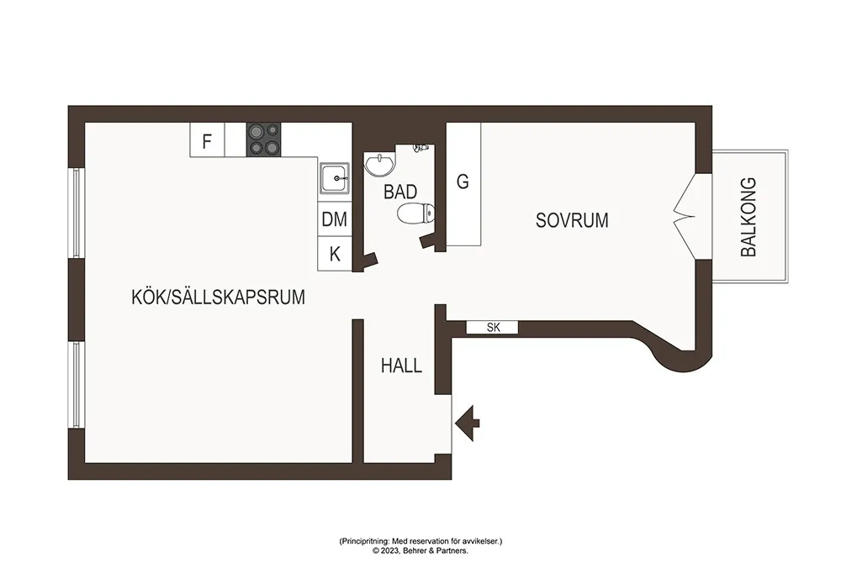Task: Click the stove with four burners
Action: (263, 139)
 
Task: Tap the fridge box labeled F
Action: (207, 139)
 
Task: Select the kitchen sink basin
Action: (336, 178)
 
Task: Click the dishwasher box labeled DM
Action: (335, 219)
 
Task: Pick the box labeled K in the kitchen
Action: (335, 254)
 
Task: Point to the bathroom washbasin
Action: (380, 163)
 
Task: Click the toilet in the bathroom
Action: (415, 213)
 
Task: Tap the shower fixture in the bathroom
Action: (421, 147)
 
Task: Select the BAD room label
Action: (400, 192)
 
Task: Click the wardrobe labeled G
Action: (463, 184)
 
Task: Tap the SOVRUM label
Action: (572, 220)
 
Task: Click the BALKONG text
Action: (748, 217)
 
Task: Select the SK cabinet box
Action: (492, 328)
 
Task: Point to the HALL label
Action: (401, 366)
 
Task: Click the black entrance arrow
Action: (467, 424)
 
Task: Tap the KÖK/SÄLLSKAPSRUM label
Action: (219, 297)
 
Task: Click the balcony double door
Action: (685, 217)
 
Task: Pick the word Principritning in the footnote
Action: (364, 542)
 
